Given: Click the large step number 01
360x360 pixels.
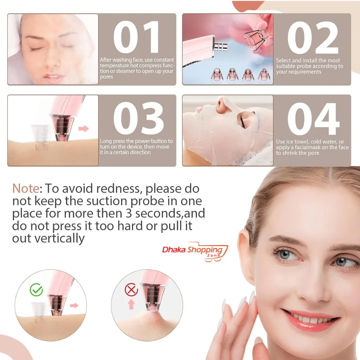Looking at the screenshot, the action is pyautogui.click(x=136, y=37).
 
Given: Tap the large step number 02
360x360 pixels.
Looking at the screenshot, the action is pyautogui.click(x=313, y=38).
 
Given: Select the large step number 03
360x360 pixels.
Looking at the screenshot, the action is pyautogui.click(x=138, y=118).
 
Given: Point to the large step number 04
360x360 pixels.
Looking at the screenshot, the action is pyautogui.click(x=313, y=119).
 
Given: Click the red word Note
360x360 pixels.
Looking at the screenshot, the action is pyautogui.click(x=26, y=188).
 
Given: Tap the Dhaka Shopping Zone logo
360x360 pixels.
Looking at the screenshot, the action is pyautogui.click(x=195, y=252).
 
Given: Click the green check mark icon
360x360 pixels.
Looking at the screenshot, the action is pyautogui.click(x=36, y=290).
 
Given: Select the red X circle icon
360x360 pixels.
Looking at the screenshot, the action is pyautogui.click(x=131, y=290).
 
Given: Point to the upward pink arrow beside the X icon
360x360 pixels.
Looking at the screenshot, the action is pyautogui.click(x=131, y=304).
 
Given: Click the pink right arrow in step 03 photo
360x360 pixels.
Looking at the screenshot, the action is pyautogui.click(x=84, y=129).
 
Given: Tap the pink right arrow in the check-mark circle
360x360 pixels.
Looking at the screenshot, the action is pyautogui.click(x=74, y=306).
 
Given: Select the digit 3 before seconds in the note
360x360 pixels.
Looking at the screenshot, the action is pyautogui.click(x=129, y=213).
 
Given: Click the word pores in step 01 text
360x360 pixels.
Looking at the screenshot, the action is pyautogui.click(x=106, y=77).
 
